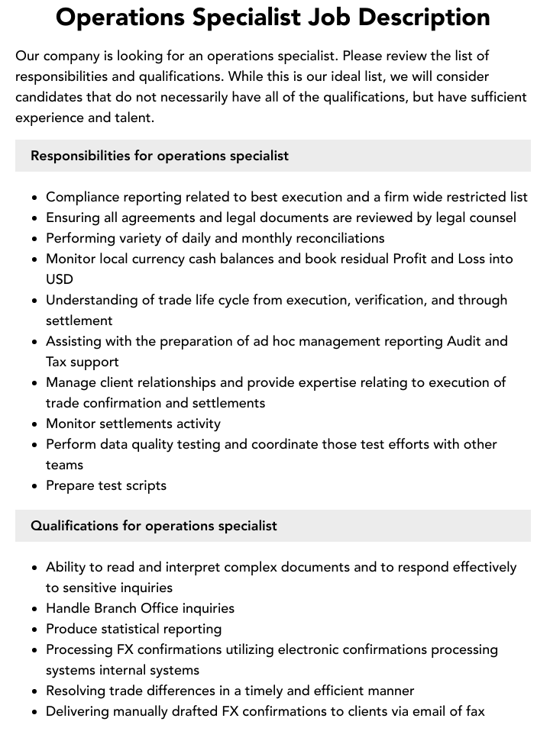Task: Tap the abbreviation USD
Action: tap(60, 279)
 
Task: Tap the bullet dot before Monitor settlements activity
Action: tap(35, 424)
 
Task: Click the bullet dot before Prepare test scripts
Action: tap(35, 486)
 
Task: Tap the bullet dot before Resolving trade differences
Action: tap(35, 691)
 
